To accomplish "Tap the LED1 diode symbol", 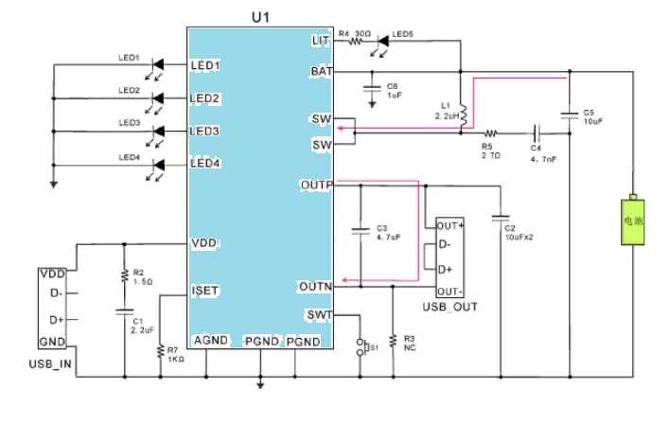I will click(x=158, y=64).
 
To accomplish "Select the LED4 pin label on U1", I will click(x=205, y=164).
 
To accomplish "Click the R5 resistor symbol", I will click(x=490, y=133).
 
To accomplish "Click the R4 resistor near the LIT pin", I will click(x=358, y=40).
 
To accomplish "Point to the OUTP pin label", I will click(x=315, y=184).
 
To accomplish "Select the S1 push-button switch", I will click(x=360, y=347).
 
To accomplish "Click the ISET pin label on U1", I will click(x=205, y=291).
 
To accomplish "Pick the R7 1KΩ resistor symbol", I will click(x=159, y=351).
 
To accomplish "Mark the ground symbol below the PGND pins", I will click(x=260, y=383).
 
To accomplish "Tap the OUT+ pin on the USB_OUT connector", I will click(x=450, y=225).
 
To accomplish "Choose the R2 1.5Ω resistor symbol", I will click(x=123, y=275).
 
